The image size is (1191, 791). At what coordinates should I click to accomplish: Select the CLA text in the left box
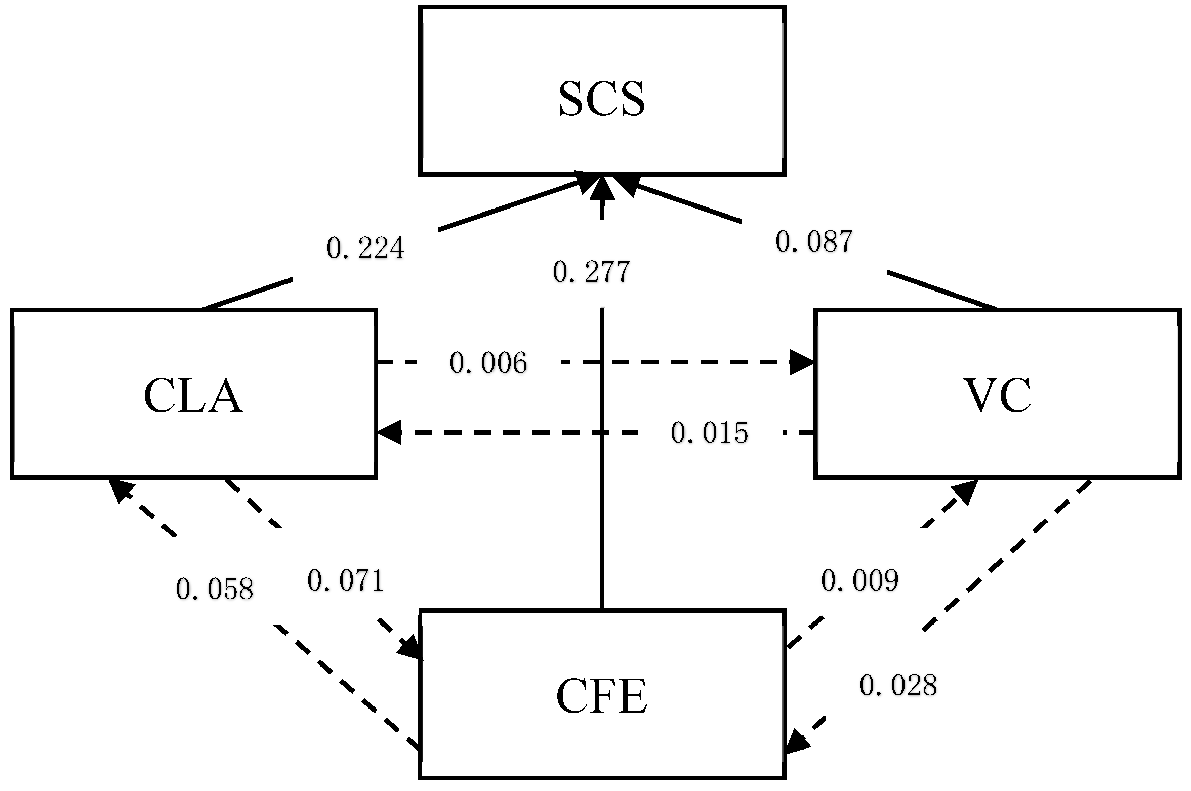point(193,396)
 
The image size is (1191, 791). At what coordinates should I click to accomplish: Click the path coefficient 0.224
point(365,248)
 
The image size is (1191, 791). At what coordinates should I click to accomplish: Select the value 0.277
point(591,272)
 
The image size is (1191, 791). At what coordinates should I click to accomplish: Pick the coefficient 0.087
point(814,241)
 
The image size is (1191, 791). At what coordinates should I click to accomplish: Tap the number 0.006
point(488,363)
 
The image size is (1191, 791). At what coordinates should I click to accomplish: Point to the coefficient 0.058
point(214,589)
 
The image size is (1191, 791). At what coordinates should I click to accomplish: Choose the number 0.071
point(346,580)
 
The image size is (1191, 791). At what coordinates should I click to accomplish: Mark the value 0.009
point(859,580)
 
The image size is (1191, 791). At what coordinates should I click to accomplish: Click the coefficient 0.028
point(898,686)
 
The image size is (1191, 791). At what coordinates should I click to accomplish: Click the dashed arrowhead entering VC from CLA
point(802,362)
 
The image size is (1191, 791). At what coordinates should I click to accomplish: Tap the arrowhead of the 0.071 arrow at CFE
point(411,648)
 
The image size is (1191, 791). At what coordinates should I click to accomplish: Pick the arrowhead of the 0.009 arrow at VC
point(965,491)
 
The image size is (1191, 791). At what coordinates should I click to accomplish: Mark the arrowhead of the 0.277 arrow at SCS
point(601,186)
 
